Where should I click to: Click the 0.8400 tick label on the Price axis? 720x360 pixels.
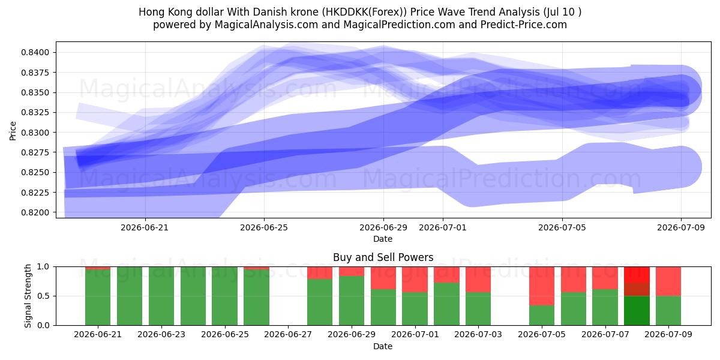click(x=35, y=52)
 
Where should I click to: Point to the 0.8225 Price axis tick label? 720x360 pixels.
click(x=35, y=193)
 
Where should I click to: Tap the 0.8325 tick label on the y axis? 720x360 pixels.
click(x=35, y=113)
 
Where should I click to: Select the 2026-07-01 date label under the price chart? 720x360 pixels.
click(x=443, y=227)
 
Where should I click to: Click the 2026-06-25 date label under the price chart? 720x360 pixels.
click(x=264, y=227)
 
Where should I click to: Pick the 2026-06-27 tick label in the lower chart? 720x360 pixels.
click(x=288, y=334)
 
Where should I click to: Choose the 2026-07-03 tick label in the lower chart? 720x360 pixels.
click(x=478, y=334)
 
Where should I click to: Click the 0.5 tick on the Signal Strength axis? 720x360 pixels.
click(x=43, y=296)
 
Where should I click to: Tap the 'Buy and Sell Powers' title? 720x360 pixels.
click(x=383, y=257)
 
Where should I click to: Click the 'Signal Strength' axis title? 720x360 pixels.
click(x=28, y=296)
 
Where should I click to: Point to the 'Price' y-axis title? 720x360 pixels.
click(x=13, y=131)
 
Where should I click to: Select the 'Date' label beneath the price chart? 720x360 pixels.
click(x=383, y=239)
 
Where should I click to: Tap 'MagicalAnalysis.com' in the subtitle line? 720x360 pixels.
click(x=266, y=25)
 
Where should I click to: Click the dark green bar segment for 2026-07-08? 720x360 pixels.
click(x=637, y=311)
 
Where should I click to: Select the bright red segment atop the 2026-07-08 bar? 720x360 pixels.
click(x=637, y=275)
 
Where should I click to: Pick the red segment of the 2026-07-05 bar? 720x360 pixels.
click(x=542, y=286)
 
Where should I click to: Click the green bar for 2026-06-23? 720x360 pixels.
click(x=161, y=296)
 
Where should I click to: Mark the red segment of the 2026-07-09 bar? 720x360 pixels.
click(x=668, y=281)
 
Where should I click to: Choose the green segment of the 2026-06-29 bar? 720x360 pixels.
click(x=352, y=301)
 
